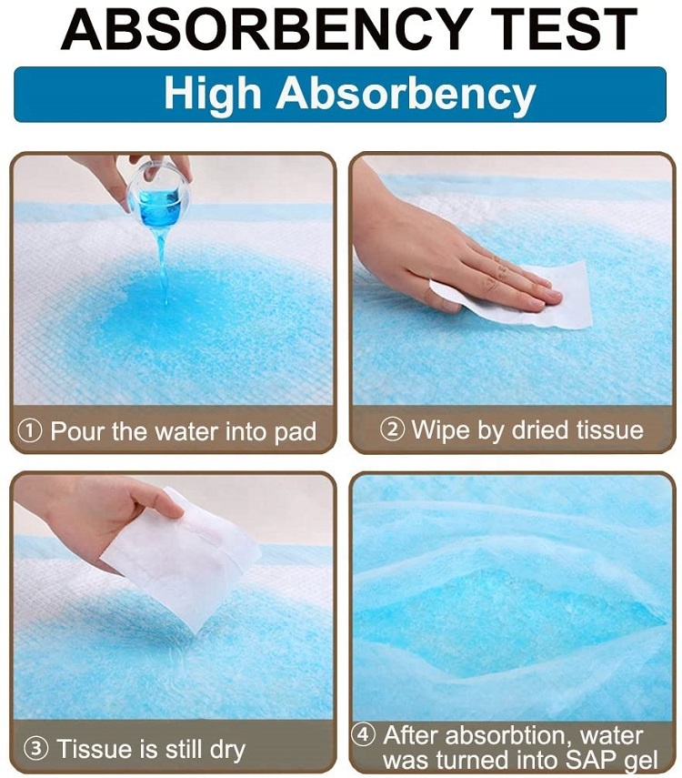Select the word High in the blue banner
coord(213,95)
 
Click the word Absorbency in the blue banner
coord(406,94)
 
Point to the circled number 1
coord(30,430)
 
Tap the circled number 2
coord(392,429)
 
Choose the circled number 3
coord(36,748)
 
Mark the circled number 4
coord(363,734)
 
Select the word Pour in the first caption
coord(78,430)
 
